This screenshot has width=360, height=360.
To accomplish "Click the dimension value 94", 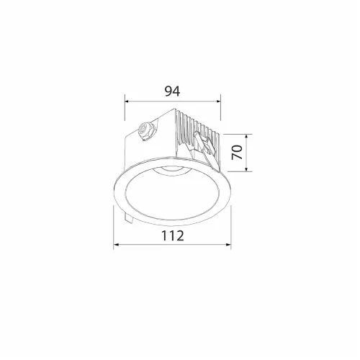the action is [172, 91].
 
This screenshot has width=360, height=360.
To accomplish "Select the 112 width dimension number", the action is [173, 235].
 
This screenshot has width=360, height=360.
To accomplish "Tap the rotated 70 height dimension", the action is [237, 152].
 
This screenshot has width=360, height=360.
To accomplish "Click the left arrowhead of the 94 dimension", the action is [127, 102].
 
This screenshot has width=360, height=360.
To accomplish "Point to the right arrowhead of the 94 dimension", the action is [218, 102].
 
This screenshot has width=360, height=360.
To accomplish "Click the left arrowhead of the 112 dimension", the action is [116, 245].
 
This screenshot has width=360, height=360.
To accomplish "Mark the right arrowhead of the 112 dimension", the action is [228, 245].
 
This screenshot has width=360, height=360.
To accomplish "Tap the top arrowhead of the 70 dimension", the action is [246, 137].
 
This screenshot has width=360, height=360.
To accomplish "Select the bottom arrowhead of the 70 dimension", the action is [246, 169].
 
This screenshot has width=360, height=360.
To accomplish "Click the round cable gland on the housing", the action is [145, 131].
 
